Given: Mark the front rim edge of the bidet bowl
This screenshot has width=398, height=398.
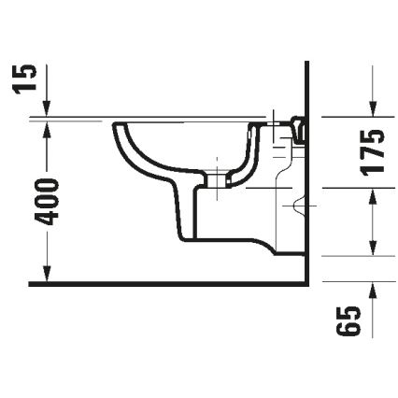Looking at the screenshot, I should coord(114,125).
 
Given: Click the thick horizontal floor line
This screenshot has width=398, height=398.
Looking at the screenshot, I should coord(168,282).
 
